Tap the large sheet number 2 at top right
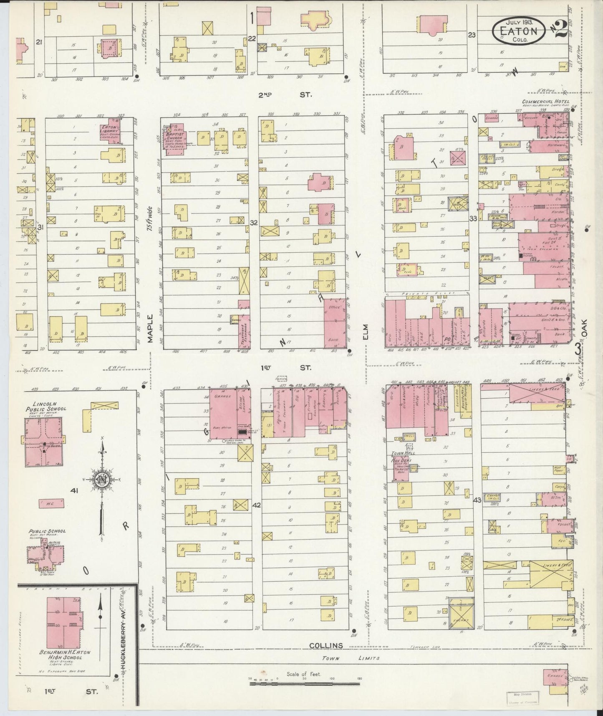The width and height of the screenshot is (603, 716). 560,28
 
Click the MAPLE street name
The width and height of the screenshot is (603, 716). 150,329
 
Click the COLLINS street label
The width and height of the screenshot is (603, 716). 326,645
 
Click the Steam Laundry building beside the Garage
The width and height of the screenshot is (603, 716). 244,411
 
